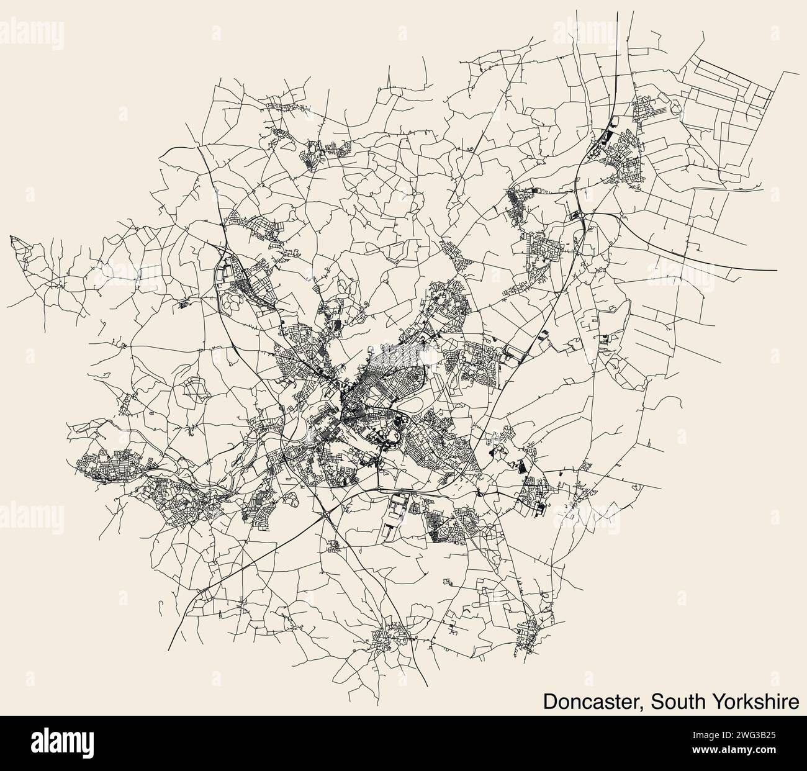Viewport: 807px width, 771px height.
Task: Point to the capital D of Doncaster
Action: (550, 701)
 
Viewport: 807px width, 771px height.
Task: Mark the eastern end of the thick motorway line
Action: (777, 271)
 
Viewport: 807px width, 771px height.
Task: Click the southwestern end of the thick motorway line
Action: (168, 649)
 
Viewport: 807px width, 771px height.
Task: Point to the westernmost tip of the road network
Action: (9, 236)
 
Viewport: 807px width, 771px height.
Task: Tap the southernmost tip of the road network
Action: (427, 686)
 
